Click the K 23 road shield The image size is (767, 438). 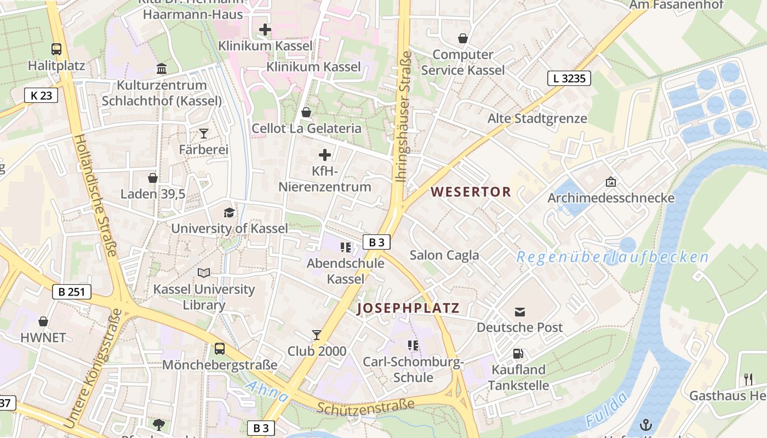(41, 95)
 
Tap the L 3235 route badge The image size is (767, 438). (569, 78)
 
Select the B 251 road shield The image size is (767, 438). (72, 291)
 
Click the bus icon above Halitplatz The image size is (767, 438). (56, 49)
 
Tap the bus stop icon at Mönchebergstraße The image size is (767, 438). (220, 348)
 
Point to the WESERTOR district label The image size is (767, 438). (471, 192)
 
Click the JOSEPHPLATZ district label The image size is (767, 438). (408, 308)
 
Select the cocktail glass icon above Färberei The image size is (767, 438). (204, 133)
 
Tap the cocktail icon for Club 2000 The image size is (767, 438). (317, 335)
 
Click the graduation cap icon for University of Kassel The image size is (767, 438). (229, 212)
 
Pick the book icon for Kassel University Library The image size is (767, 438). (204, 273)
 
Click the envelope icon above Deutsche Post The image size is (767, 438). (520, 312)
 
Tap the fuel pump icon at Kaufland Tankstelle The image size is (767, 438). (518, 354)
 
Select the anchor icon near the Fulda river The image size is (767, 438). (646, 425)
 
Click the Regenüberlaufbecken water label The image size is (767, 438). (613, 257)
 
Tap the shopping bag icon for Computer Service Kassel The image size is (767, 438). (463, 38)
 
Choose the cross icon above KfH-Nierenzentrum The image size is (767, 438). (325, 155)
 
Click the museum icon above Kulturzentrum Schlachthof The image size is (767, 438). (162, 69)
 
